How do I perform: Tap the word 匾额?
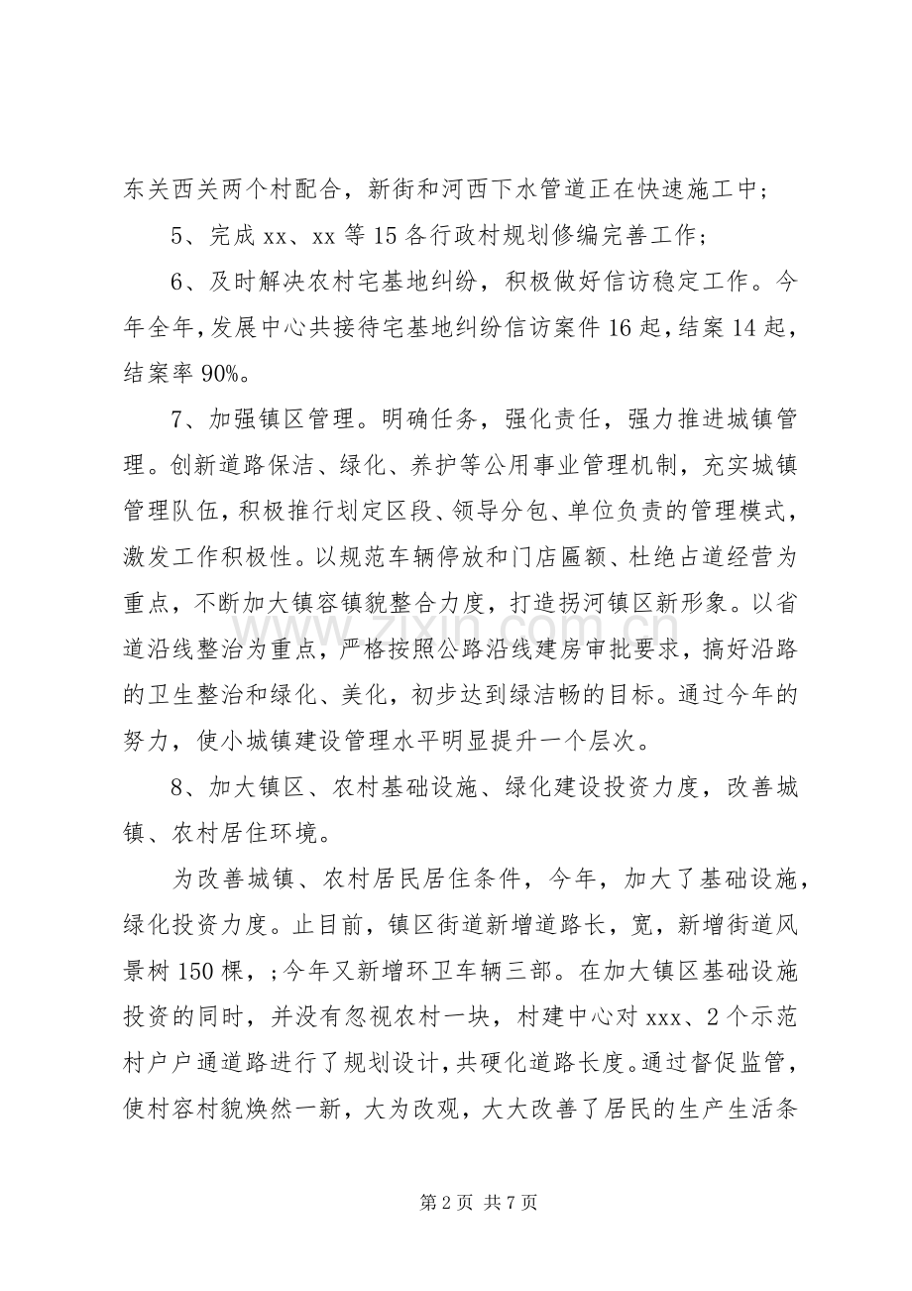click(574, 557)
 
